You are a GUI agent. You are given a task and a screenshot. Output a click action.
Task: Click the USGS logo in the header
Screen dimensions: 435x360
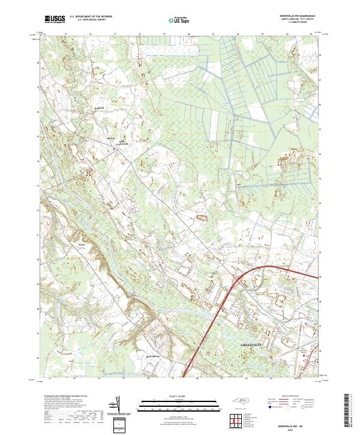[x=55, y=20]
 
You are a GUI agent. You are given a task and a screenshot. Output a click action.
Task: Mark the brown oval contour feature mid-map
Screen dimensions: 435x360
[x=202, y=218]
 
